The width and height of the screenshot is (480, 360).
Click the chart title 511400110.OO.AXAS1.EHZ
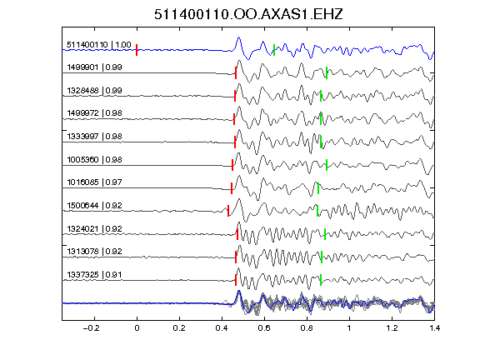[248, 14]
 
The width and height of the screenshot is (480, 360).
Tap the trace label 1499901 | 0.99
[94, 67]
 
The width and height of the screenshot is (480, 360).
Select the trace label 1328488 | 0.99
[94, 91]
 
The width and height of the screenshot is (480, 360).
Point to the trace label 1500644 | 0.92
[94, 205]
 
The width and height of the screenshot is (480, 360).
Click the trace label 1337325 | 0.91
[94, 275]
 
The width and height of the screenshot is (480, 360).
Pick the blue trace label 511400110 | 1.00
[99, 45]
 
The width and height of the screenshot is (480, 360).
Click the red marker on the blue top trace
[137, 50]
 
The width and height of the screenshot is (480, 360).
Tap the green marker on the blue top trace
[274, 50]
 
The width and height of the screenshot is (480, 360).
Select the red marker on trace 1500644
[228, 211]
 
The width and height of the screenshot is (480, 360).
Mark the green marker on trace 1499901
[327, 72]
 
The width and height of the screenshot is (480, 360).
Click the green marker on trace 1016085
[318, 188]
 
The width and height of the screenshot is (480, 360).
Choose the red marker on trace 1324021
[237, 234]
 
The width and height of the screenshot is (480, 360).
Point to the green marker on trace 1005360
[327, 165]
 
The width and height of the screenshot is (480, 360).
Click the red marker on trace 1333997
[235, 142]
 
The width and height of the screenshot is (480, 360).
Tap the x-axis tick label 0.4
[222, 328]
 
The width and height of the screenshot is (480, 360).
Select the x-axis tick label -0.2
[92, 328]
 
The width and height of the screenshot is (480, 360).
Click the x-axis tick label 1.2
[392, 328]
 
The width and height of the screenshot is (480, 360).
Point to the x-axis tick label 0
[137, 328]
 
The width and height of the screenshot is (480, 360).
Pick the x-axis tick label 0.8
[307, 328]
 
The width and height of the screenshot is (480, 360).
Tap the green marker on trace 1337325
[321, 280]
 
